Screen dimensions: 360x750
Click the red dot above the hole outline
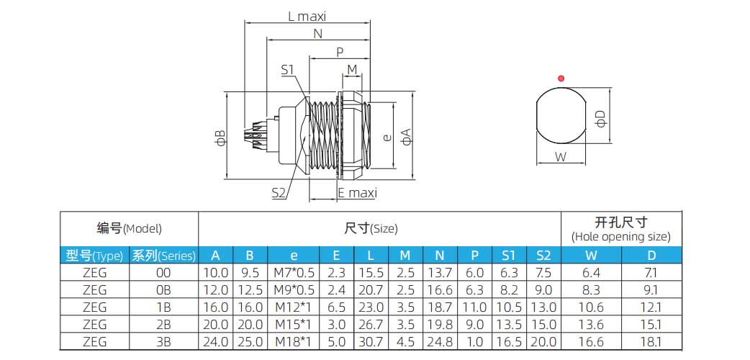click(x=561, y=78)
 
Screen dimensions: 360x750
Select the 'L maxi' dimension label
click(x=307, y=17)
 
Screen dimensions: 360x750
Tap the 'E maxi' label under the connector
click(x=357, y=193)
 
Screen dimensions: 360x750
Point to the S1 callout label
click(x=288, y=69)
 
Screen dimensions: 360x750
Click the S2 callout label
click(x=279, y=192)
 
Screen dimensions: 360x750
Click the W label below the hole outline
click(x=561, y=156)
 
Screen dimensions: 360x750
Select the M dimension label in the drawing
click(x=352, y=69)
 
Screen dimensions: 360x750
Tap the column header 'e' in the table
click(x=294, y=255)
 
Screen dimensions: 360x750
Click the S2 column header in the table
click(x=543, y=255)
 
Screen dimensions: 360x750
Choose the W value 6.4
click(x=590, y=273)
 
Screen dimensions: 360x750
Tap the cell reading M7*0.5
click(x=294, y=273)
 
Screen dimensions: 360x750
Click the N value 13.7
click(x=438, y=273)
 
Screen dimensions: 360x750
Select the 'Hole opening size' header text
click(x=620, y=236)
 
